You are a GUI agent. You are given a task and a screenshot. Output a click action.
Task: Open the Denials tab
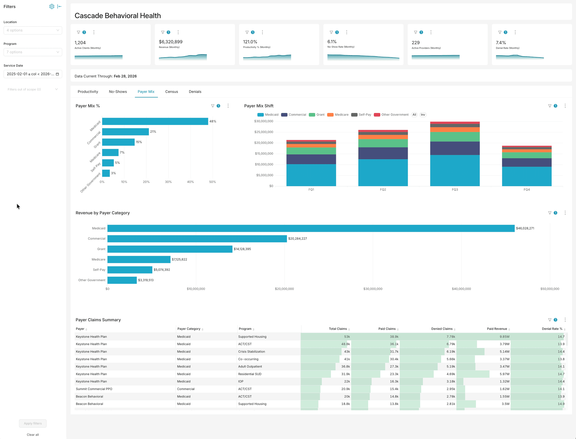coord(195,91)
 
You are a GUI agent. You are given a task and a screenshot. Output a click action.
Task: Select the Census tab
coord(171,91)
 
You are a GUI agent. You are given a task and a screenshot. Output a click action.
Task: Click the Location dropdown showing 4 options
coord(33,30)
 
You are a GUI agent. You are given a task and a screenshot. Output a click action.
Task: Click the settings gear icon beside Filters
coord(52,6)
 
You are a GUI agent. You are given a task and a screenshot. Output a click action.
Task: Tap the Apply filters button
coord(33,423)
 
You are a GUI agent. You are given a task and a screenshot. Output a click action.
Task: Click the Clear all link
coord(33,434)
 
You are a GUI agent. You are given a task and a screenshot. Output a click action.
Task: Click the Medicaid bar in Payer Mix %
coord(155,121)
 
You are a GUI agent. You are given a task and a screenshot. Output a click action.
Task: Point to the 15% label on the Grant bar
coord(139,142)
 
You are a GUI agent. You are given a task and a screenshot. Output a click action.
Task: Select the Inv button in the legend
coord(423,115)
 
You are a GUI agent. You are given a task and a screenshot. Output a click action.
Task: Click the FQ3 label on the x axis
coord(455,189)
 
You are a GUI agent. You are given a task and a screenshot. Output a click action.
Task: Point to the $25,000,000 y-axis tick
coord(264,132)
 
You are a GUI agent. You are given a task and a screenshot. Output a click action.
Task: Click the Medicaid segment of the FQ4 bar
coord(526,176)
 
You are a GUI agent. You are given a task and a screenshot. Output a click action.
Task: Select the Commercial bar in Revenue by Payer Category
coord(197,239)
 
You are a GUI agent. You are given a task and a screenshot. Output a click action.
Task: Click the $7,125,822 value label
coord(179,259)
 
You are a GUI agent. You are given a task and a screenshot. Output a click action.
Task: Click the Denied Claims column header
coord(442,329)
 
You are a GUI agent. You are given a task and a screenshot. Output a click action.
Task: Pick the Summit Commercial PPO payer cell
coord(94,389)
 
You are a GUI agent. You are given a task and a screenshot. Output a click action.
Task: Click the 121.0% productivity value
coord(250,42)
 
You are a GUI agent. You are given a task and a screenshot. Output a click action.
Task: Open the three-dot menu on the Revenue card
coord(178,32)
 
